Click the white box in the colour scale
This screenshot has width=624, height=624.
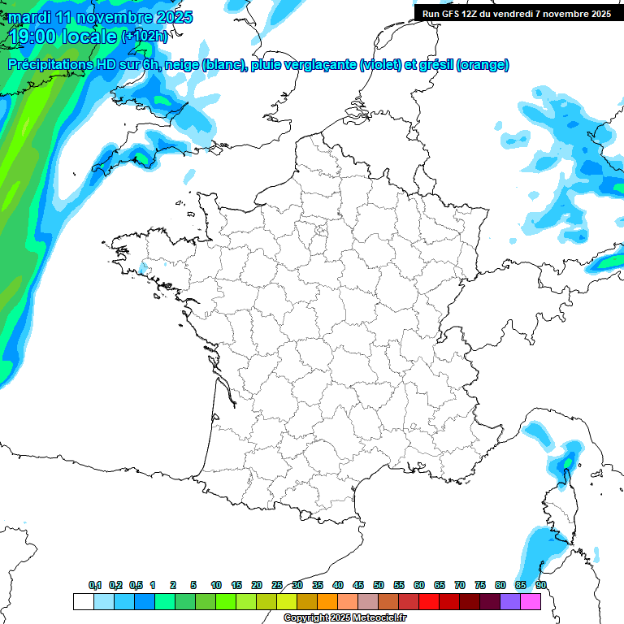point(83,601)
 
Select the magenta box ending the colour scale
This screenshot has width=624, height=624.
point(531,601)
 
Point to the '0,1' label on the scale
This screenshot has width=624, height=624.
point(95,585)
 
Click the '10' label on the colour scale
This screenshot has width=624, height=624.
point(216,585)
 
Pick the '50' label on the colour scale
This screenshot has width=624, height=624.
point(379,585)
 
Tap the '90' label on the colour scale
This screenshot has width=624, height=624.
point(541,585)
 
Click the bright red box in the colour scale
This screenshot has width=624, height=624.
point(429,601)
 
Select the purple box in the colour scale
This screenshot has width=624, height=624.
point(510,601)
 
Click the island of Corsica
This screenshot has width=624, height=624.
point(560,508)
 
